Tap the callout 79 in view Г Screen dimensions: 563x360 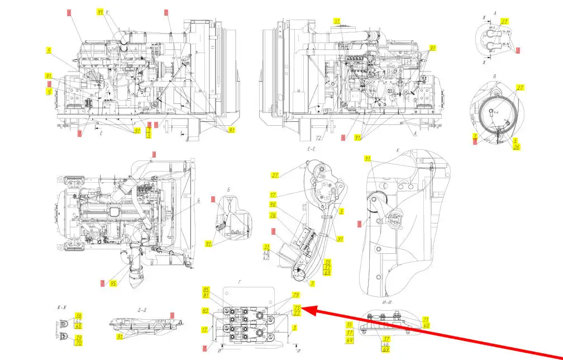pyautogui.click(x=296, y=295)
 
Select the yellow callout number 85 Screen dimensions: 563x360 pyautogui.click(x=206, y=290)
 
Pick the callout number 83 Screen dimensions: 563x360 pyautogui.click(x=206, y=310)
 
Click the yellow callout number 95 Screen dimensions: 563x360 pyautogui.click(x=113, y=283)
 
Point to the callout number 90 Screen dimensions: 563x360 pyautogui.click(x=273, y=205)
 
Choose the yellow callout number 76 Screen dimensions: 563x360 pyautogui.click(x=273, y=215)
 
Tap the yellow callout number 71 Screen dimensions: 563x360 pyautogui.click(x=425, y=319)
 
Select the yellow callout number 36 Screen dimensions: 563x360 pyautogui.click(x=79, y=316)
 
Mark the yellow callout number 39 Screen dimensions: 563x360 pyautogui.click(x=79, y=338)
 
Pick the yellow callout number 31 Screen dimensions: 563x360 pyautogui.click(x=267, y=247)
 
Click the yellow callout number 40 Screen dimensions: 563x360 pyautogui.click(x=426, y=325)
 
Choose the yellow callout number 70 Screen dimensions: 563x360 pyautogui.click(x=79, y=343)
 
